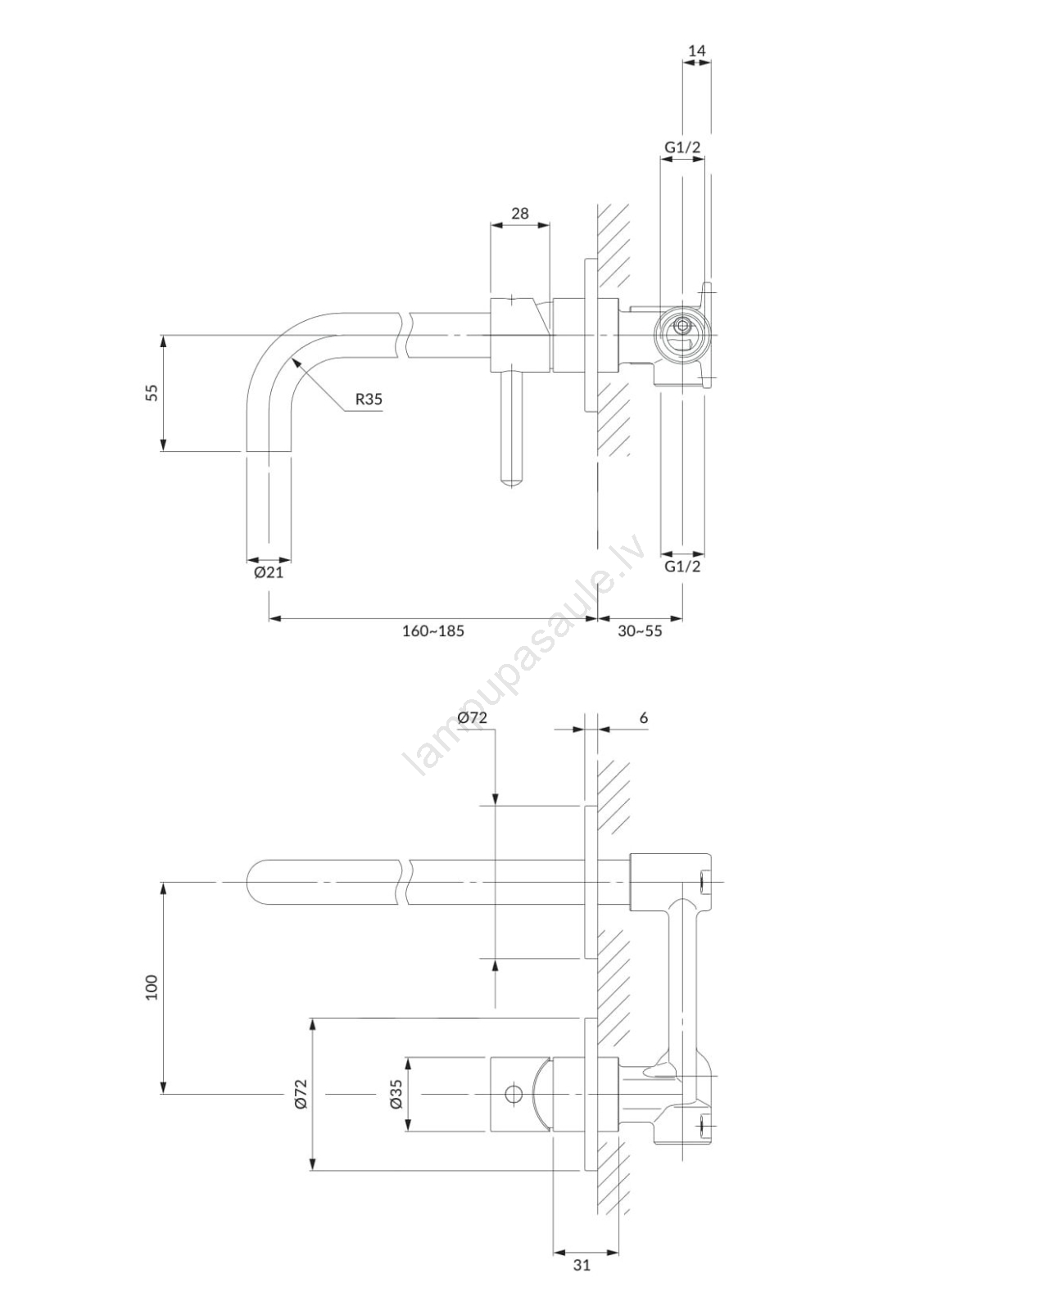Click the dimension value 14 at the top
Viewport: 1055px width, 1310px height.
point(696,51)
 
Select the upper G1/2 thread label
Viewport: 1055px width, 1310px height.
point(682,147)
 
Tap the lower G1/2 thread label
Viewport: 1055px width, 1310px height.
point(682,566)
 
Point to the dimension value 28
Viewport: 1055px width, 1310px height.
point(519,213)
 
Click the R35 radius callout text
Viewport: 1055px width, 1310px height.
point(369,399)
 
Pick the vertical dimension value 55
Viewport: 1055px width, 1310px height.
point(152,392)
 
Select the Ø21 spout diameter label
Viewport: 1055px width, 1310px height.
point(269,572)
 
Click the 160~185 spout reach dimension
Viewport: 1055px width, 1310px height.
point(433,630)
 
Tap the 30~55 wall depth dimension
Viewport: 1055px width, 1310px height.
point(640,630)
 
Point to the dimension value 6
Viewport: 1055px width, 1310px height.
point(644,718)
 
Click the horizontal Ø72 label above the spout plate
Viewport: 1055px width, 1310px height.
point(473,718)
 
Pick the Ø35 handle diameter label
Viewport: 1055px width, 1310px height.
point(396,1094)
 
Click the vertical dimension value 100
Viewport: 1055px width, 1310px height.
point(152,987)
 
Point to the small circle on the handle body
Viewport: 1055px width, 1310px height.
point(514,1094)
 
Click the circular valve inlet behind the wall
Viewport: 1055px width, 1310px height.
point(681,335)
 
